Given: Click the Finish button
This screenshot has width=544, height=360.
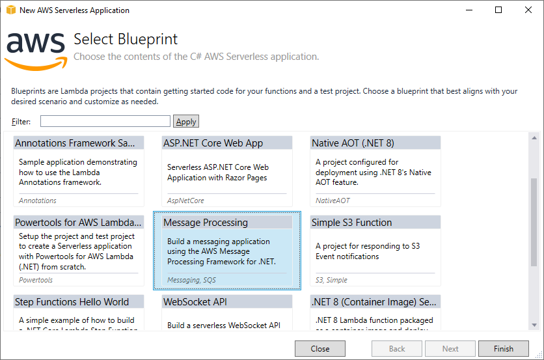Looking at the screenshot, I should tap(503, 348).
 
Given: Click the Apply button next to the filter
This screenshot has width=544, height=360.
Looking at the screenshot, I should tap(186, 121).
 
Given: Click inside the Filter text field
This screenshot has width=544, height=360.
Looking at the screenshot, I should tap(105, 121).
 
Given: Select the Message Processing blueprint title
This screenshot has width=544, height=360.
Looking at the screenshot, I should tap(206, 223).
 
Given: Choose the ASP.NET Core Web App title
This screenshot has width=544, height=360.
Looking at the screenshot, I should tap(213, 143).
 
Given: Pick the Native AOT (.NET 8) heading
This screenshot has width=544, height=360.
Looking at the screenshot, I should tap(353, 143).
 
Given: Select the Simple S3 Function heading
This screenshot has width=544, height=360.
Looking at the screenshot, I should tap(351, 223).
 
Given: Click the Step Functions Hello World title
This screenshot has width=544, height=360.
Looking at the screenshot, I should tap(72, 302).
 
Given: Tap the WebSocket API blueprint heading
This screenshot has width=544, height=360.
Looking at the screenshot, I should tap(195, 302).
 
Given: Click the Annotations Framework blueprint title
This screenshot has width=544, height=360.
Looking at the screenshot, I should tap(75, 143).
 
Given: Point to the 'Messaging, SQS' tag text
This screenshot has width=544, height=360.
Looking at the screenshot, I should tap(192, 280).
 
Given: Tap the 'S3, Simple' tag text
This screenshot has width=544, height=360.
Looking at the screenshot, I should tap(331, 280).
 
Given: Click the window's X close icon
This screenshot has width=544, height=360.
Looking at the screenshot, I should tap(528, 10).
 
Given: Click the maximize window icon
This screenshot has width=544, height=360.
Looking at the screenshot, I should tap(498, 10).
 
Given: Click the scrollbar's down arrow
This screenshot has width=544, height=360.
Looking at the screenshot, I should tap(534, 324).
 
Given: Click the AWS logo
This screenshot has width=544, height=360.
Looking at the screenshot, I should tap(36, 49).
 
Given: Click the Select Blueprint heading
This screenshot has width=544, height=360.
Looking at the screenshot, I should tap(126, 40).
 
